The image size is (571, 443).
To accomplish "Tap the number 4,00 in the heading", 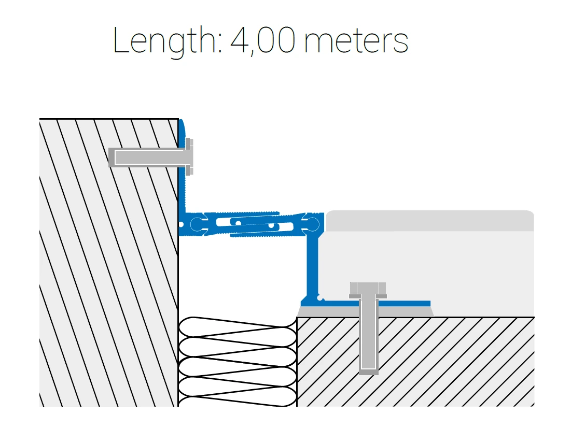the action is click(x=262, y=41).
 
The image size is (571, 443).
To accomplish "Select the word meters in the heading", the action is click(x=356, y=41).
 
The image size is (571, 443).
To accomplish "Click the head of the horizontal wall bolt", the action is click(x=189, y=157).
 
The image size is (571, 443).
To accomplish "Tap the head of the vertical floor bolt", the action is click(x=368, y=290).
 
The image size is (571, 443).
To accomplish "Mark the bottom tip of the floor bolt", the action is click(x=369, y=373).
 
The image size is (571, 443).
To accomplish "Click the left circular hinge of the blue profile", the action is click(x=197, y=224).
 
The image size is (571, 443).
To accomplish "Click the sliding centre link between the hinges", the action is click(x=255, y=224).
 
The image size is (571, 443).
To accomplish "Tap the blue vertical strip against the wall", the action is click(x=182, y=167).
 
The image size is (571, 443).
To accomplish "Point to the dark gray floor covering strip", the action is click(x=430, y=220).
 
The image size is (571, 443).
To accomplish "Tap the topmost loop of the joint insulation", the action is click(x=238, y=326).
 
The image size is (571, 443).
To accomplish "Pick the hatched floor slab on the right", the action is click(x=415, y=362).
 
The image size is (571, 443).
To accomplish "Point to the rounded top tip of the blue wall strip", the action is click(x=181, y=120).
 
